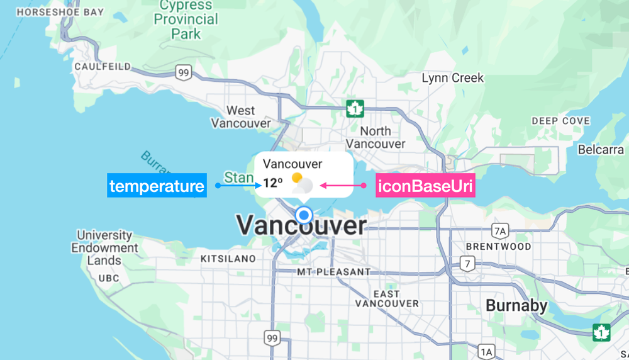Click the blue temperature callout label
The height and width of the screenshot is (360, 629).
tap(157, 186)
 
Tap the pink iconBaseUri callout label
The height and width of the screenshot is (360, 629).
tap(425, 186)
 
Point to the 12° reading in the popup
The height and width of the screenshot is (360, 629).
tap(272, 183)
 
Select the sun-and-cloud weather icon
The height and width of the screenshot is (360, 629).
tap(302, 183)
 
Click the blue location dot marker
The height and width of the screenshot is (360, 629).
tap(304, 215)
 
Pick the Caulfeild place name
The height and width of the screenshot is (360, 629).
tap(103, 66)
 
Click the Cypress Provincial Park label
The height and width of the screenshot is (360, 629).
tap(186, 20)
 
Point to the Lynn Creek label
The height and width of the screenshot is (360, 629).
tap(453, 78)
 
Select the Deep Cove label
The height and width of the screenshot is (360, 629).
tap(561, 121)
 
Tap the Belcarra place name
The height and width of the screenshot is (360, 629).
tap(601, 150)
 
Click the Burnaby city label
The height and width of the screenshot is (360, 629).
tap(516, 307)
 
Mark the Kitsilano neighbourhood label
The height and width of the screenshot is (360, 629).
tap(228, 259)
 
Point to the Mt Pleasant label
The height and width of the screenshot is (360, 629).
tap(334, 272)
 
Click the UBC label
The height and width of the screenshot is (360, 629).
tap(108, 278)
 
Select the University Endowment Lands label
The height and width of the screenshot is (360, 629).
tap(104, 247)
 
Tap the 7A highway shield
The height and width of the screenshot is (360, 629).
tap(500, 230)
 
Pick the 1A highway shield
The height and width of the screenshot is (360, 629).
tap(486, 351)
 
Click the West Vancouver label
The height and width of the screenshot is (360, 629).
tap(241, 117)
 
